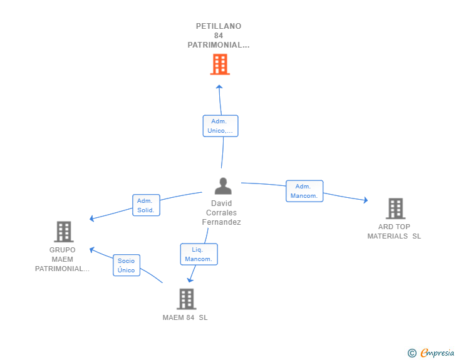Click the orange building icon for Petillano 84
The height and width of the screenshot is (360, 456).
220,64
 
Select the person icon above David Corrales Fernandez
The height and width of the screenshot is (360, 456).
223,186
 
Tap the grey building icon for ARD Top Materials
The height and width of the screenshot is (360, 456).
395,208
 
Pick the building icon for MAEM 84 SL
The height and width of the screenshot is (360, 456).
187,299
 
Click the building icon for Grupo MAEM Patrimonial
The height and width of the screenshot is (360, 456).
64,232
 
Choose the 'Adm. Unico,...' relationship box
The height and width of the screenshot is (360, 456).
220,126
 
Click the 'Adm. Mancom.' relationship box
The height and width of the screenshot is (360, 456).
304,191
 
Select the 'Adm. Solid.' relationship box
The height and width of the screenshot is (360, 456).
146,205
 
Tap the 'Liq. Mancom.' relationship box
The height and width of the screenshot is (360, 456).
199,254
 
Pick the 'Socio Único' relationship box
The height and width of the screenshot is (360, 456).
127,265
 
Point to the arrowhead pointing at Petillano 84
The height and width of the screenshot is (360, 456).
219,86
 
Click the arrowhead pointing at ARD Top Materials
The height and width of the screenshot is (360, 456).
366,200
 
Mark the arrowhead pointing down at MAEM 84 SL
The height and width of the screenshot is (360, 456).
190,280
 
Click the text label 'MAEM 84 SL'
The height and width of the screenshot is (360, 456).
185,317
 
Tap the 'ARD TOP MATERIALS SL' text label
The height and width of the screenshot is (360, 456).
394,232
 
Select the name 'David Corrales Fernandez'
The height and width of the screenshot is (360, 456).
221,213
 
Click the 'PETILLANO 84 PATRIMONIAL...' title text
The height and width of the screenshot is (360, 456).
219,36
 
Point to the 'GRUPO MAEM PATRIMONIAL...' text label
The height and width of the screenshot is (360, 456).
62,259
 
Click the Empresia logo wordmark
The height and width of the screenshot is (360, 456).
437,352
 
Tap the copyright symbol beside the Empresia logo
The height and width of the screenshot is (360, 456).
412,353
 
